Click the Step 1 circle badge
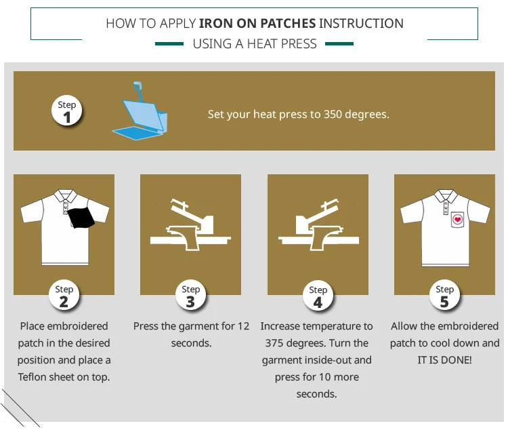tap(66, 111)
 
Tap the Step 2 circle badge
tap(64, 296)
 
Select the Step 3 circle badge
tap(191, 296)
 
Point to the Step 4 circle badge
tap(318, 296)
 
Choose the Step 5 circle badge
tap(444, 296)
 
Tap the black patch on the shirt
tap(81, 218)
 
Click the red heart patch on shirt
tap(457, 219)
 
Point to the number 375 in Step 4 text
tap(274, 343)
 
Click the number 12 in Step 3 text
tap(243, 326)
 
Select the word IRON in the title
tap(216, 24)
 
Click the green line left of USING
tap(169, 44)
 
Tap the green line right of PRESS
tap(339, 44)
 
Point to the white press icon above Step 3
tap(190, 224)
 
